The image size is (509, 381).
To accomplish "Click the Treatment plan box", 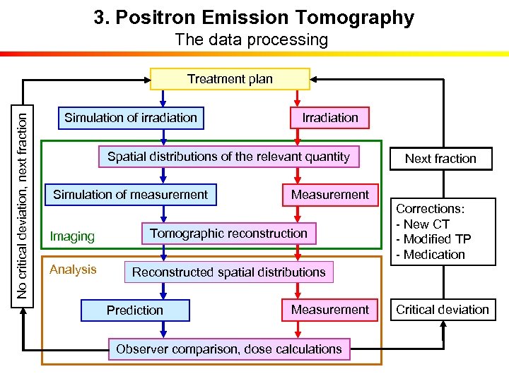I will click(x=230, y=79).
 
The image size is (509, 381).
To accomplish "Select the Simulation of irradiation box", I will click(x=131, y=118).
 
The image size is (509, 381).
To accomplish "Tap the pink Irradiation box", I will click(x=329, y=118).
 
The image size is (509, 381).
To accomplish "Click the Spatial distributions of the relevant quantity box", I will click(x=228, y=157).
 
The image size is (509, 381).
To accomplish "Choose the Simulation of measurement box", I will click(x=131, y=195).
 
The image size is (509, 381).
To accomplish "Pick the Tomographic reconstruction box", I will click(x=228, y=234).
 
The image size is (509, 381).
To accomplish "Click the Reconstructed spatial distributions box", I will click(x=228, y=272).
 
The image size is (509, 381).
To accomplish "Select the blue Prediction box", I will click(x=135, y=310).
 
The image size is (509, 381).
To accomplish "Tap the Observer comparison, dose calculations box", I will click(x=228, y=349).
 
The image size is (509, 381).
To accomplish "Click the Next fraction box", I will click(x=440, y=159).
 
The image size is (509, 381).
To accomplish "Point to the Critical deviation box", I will click(x=443, y=310).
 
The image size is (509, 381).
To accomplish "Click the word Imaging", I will click(x=72, y=236).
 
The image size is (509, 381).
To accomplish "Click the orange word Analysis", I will click(x=73, y=270).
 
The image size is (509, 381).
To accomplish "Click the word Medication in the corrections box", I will click(x=434, y=255).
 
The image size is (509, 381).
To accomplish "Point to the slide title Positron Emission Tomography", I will click(x=254, y=18).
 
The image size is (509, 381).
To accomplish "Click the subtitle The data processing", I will click(x=252, y=40).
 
